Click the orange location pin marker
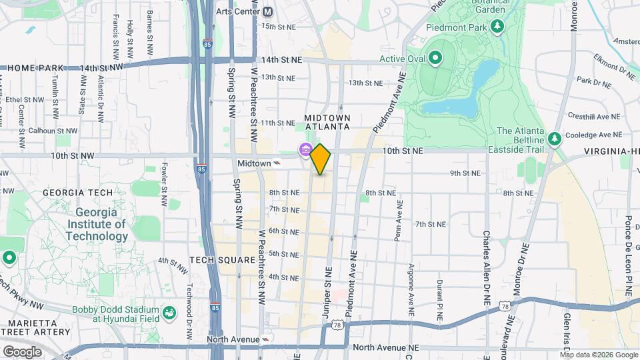[321, 159]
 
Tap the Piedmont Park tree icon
[497, 26]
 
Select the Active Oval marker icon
[435, 59]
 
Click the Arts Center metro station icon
[267, 11]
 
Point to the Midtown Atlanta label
[327, 122]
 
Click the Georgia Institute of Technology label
[96, 224]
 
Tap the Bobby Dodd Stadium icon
[169, 311]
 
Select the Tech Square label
[223, 259]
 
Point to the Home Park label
[35, 68]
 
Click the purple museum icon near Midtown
[305, 149]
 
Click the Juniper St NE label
[328, 291]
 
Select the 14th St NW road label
[102, 68]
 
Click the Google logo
[22, 351]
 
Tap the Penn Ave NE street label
[397, 226]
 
